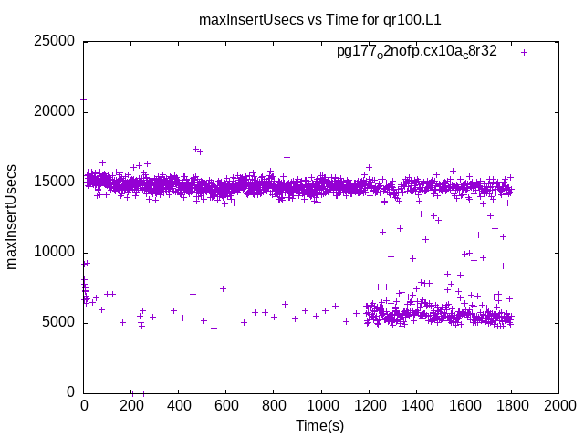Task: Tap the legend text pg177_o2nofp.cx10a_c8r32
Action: point(416,52)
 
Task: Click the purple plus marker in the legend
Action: point(524,52)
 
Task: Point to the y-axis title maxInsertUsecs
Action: point(13,216)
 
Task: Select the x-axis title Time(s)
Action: point(319,425)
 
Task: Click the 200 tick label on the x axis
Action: point(131,405)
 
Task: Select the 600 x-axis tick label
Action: point(226,405)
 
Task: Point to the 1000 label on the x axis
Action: point(321,405)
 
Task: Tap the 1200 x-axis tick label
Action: point(369,405)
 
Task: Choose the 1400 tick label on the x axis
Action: point(416,405)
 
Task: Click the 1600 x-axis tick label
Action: point(464,405)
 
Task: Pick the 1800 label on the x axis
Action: point(511,405)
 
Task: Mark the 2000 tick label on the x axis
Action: point(558,405)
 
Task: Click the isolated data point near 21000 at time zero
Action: point(84,99)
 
